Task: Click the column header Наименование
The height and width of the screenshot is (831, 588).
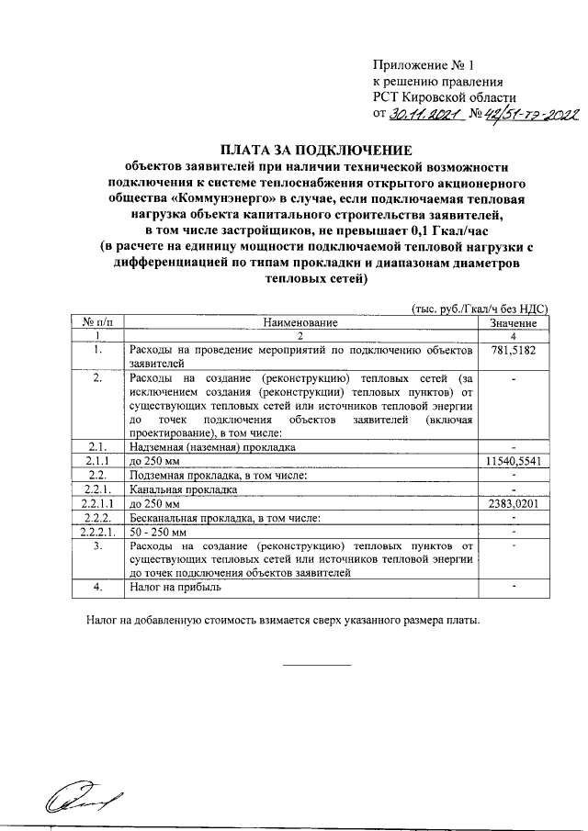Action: coord(300,323)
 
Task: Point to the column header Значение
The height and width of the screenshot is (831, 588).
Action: coord(514,323)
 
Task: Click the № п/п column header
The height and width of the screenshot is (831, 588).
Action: coord(97,323)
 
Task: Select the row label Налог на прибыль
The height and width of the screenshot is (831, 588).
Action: coord(175,585)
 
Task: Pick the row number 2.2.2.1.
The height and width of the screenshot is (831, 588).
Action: coord(97,533)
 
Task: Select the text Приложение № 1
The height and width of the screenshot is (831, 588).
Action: coord(425,65)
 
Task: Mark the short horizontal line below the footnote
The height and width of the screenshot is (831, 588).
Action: coord(316,664)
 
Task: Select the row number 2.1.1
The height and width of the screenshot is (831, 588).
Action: coord(97,460)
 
